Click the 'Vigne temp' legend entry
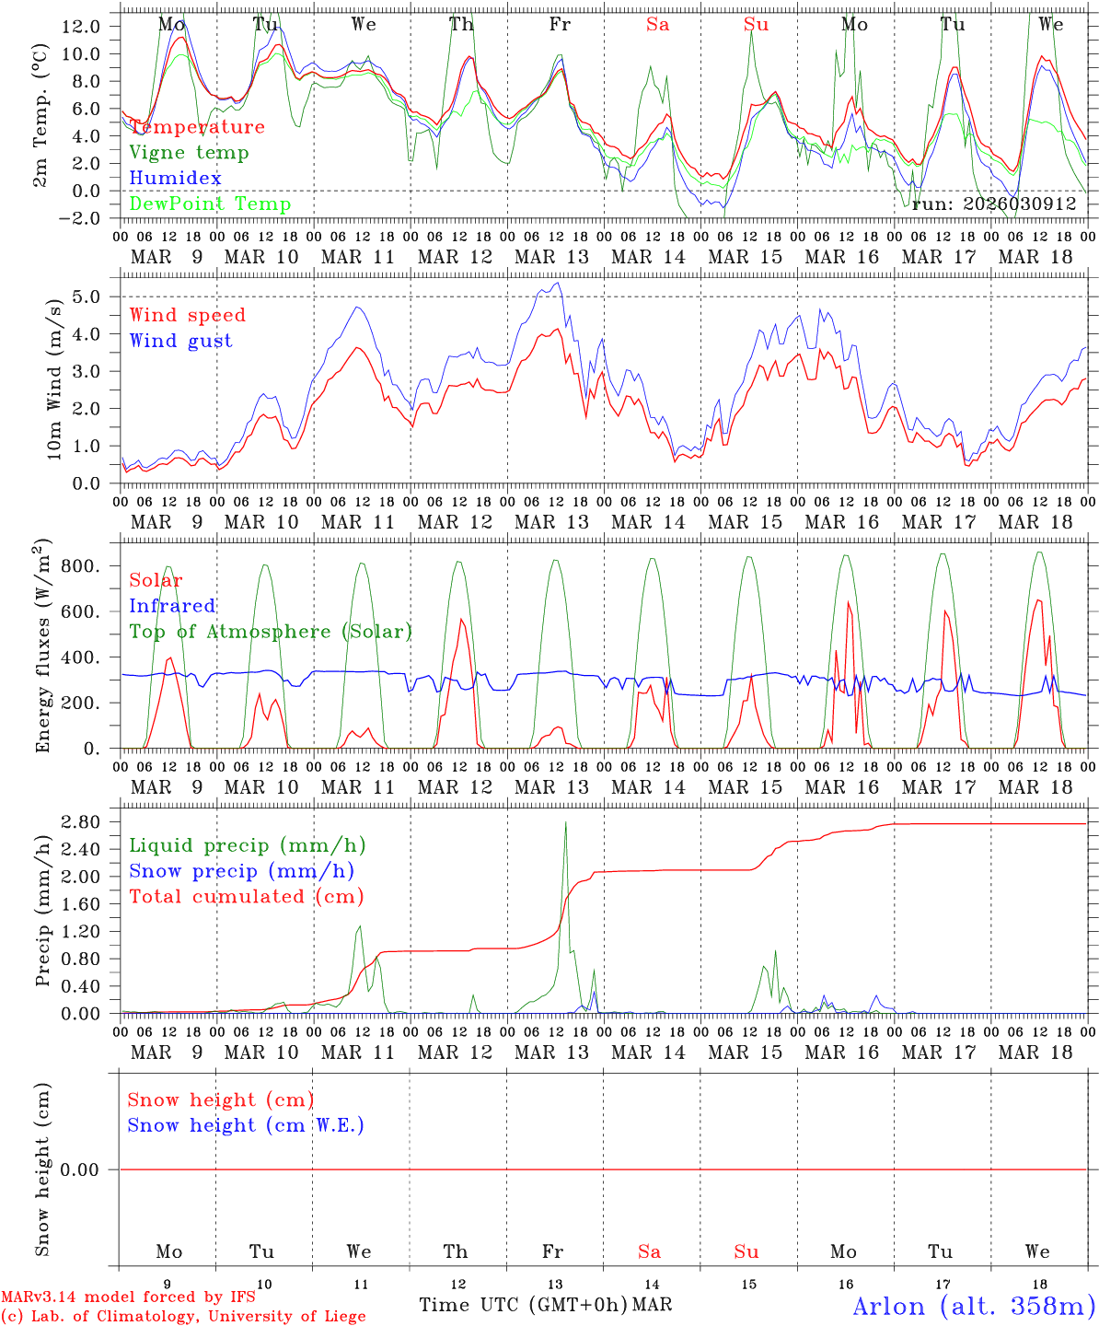coord(189,153)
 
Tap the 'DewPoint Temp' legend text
coord(210,204)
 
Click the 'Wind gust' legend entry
coord(180,341)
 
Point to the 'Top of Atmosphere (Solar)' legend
coord(271,632)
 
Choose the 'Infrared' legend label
coord(172,606)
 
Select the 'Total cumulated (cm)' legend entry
coord(246,896)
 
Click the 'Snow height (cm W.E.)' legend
coord(246,1125)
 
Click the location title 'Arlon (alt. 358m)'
coord(974,1306)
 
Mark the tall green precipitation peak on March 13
coord(565,824)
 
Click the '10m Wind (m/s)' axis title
coord(54,378)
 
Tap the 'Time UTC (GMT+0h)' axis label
coord(524,1305)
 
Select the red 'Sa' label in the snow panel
coord(650,1251)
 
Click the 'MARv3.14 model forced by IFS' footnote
coord(128,1297)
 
